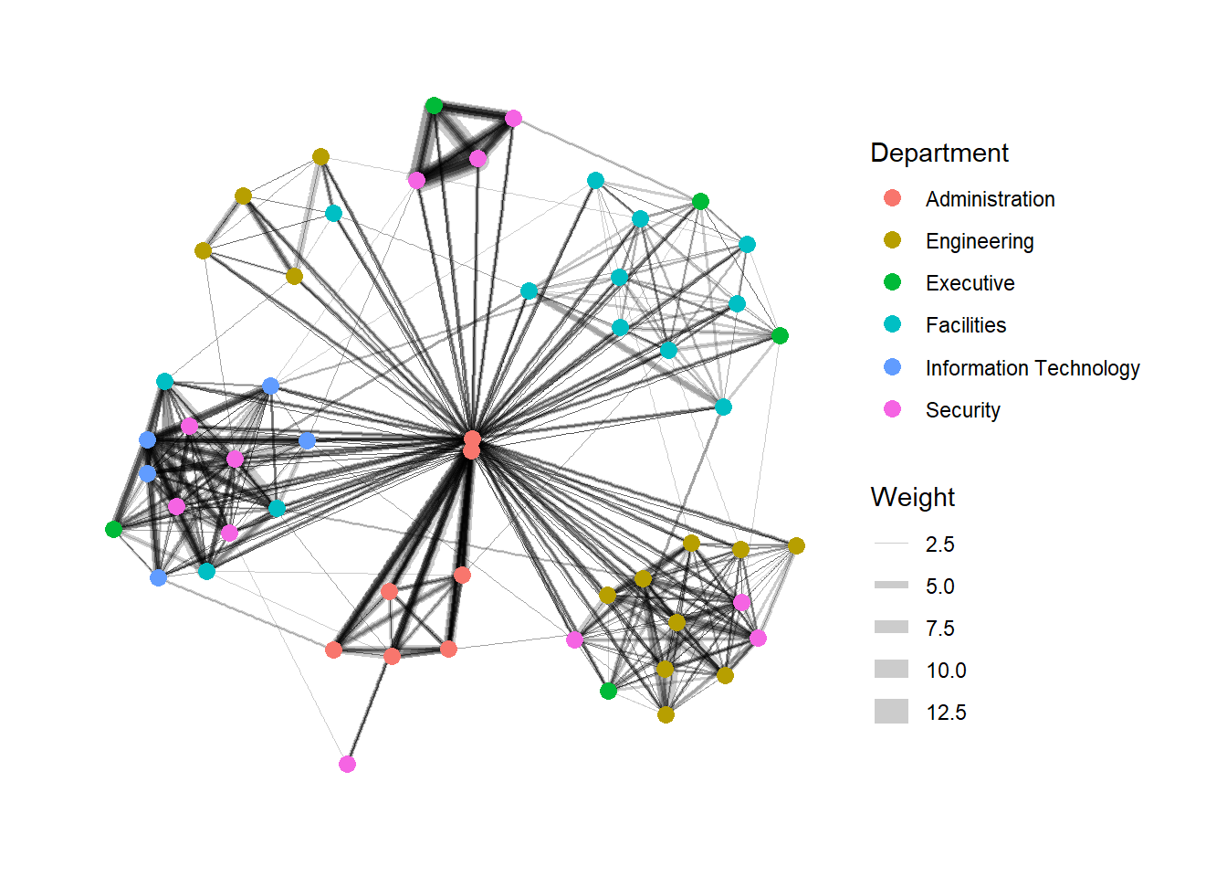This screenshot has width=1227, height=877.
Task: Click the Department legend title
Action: pyautogui.click(x=939, y=153)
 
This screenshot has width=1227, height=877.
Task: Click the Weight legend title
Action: pyautogui.click(x=913, y=497)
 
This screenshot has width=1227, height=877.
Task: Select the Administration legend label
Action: pyautogui.click(x=990, y=199)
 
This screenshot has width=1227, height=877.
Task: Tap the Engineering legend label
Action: pyautogui.click(x=980, y=241)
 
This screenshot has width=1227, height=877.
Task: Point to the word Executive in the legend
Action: pyautogui.click(x=970, y=283)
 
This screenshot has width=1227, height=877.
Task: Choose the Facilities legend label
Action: pyautogui.click(x=966, y=325)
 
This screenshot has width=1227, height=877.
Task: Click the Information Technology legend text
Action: pyautogui.click(x=1033, y=368)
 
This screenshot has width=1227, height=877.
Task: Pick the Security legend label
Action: pyautogui.click(x=962, y=410)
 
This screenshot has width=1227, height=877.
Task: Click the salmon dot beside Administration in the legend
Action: pyautogui.click(x=892, y=198)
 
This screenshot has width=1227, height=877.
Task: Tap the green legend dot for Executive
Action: pyautogui.click(x=892, y=281)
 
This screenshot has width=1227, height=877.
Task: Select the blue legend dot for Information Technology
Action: pyautogui.click(x=892, y=366)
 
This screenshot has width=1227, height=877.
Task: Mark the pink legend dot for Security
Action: pyautogui.click(x=892, y=409)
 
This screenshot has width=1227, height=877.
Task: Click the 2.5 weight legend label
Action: pyautogui.click(x=940, y=544)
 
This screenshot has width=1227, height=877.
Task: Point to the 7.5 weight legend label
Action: pyautogui.click(x=940, y=629)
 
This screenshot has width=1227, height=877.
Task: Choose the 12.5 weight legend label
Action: pyautogui.click(x=946, y=713)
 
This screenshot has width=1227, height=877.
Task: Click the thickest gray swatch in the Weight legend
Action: pyautogui.click(x=891, y=711)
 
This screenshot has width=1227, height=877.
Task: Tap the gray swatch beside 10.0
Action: pyautogui.click(x=891, y=670)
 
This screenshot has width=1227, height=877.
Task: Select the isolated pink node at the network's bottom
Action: pyautogui.click(x=347, y=764)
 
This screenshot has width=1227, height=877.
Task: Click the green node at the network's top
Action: pyautogui.click(x=434, y=105)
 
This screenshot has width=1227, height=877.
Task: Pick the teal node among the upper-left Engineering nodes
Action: pyautogui.click(x=333, y=213)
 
